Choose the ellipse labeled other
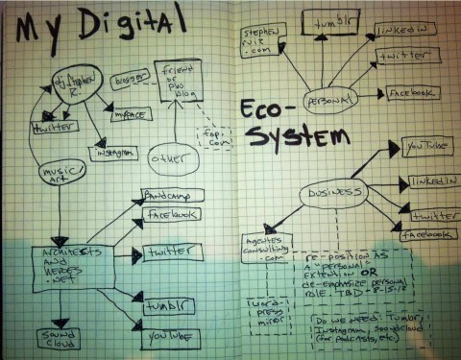pos(171,155)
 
